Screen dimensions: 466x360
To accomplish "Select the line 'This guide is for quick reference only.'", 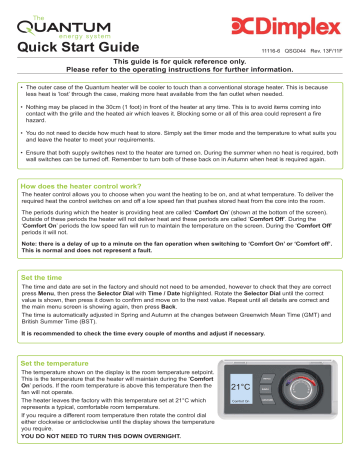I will tap(181, 61).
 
